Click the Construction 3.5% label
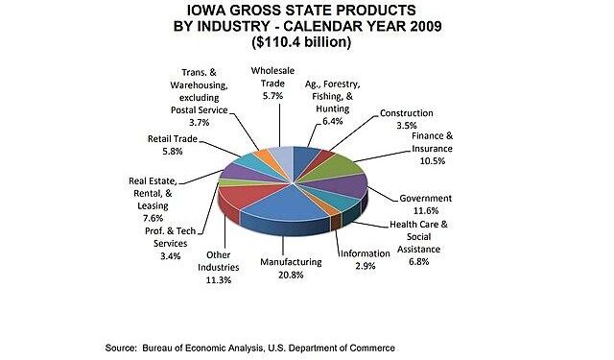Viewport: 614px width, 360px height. (x=407, y=119)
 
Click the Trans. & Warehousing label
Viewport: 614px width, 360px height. (x=202, y=96)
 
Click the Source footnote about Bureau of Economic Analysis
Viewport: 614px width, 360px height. (x=250, y=347)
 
